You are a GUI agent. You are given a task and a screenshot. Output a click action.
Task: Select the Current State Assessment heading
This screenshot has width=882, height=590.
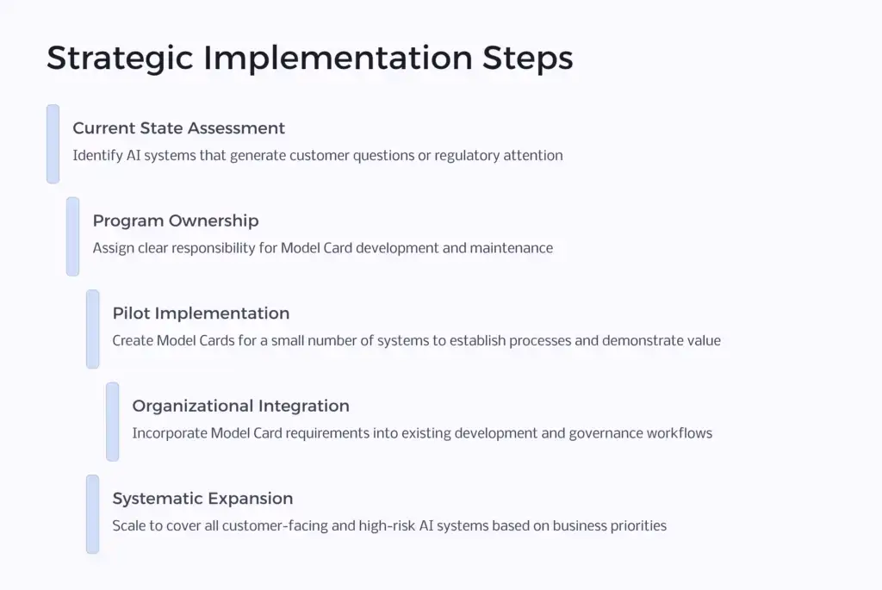[x=178, y=128]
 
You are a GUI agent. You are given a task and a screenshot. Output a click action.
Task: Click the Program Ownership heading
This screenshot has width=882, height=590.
[x=176, y=220]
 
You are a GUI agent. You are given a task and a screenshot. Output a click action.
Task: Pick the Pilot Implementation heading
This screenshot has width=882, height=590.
[x=201, y=314]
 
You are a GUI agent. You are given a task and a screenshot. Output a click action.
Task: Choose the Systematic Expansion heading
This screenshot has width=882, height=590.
[x=202, y=499]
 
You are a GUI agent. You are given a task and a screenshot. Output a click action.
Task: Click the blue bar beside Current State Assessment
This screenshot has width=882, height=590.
[x=53, y=144]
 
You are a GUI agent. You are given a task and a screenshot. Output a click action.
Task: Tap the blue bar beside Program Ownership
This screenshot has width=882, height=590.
[x=72, y=236]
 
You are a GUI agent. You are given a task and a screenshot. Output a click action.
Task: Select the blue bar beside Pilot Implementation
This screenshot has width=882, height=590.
[x=92, y=329]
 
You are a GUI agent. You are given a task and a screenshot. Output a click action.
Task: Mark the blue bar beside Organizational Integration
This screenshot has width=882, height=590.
[x=112, y=421]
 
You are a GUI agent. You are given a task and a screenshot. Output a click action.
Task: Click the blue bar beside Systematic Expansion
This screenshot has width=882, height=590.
[x=92, y=514]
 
